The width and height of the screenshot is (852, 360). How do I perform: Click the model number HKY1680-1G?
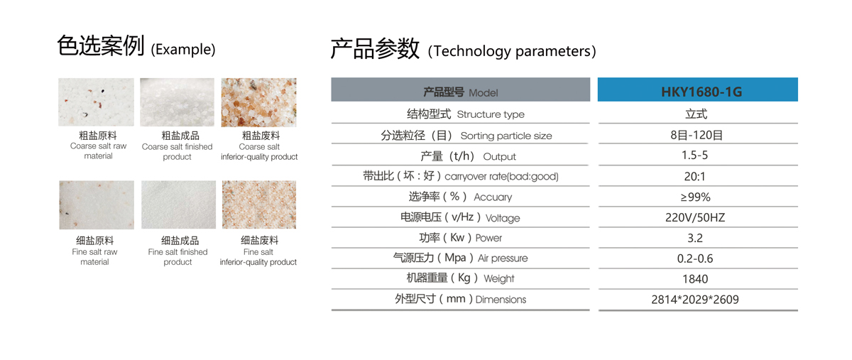click(701, 92)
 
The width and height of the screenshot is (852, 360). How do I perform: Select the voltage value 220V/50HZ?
click(695, 218)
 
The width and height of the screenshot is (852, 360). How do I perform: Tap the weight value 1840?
click(695, 279)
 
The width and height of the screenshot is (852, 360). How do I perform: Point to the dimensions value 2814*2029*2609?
click(695, 300)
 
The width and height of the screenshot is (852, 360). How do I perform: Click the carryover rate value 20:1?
click(694, 177)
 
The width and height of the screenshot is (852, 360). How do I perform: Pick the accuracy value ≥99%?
click(695, 197)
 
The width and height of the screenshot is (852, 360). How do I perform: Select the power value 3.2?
click(695, 238)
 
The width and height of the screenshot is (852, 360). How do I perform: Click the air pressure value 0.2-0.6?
click(695, 258)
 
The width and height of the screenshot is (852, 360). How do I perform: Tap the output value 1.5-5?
click(694, 156)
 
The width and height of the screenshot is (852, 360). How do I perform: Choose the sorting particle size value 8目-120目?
click(697, 135)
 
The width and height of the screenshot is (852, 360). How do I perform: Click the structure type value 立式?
click(696, 114)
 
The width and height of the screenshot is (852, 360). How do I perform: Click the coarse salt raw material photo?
click(97, 102)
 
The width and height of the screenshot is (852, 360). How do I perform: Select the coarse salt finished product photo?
click(177, 102)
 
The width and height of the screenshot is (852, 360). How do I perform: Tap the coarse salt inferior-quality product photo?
click(258, 102)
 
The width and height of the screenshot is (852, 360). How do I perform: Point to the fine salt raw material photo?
click(97, 204)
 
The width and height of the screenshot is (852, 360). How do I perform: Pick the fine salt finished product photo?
click(178, 204)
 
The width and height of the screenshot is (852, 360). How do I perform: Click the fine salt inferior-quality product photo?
click(259, 204)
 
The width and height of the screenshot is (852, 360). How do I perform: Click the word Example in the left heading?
click(183, 50)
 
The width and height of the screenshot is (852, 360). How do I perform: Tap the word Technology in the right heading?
click(472, 51)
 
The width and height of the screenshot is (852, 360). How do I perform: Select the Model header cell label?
click(461, 92)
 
